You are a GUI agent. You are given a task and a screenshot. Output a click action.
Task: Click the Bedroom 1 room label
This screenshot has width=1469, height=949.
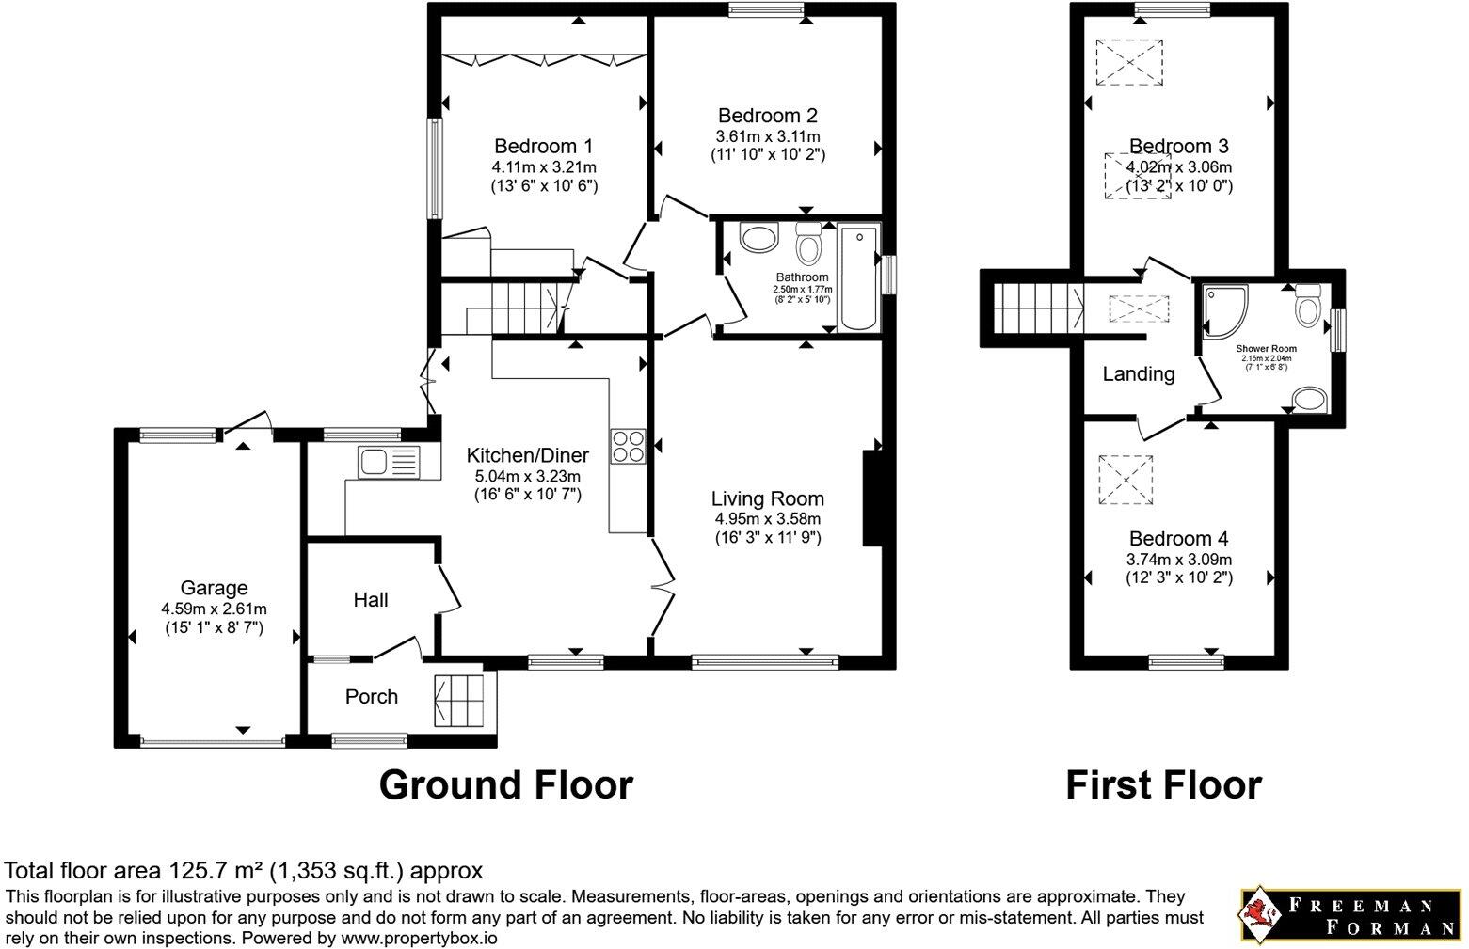(x=543, y=147)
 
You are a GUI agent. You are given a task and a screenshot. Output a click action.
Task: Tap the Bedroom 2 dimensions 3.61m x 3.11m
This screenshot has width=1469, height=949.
(x=767, y=136)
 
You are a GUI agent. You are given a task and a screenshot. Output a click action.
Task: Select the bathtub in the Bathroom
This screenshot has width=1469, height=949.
(x=857, y=277)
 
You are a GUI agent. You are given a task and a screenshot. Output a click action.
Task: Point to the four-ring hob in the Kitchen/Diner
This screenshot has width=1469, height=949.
(x=628, y=446)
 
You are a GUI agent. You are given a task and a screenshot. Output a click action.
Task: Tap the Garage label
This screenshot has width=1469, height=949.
(x=215, y=588)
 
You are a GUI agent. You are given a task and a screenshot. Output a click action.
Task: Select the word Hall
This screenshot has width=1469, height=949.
(x=371, y=600)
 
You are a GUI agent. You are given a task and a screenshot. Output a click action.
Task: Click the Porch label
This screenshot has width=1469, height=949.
(x=372, y=697)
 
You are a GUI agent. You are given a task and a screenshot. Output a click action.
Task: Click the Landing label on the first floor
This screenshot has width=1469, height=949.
(x=1138, y=374)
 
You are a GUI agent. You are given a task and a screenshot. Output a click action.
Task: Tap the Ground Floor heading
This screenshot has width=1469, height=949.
(x=505, y=784)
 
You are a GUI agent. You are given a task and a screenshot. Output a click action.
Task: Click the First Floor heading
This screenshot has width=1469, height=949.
(x=1163, y=784)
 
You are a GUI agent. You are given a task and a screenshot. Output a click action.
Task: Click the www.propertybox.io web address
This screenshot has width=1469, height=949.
(x=419, y=938)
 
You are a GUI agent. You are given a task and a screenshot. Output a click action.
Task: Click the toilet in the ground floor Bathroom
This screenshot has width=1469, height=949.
(x=807, y=246)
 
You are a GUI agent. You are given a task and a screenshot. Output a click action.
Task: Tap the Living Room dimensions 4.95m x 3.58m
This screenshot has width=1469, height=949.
(x=767, y=519)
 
